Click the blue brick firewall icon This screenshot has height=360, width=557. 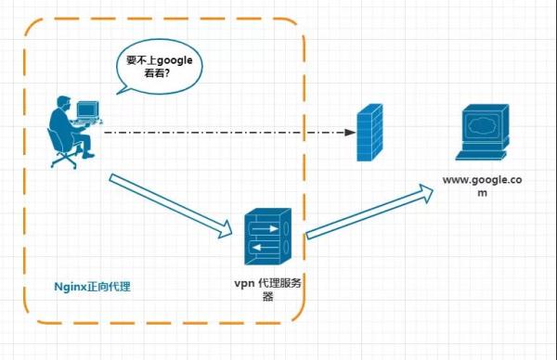(x=369, y=133)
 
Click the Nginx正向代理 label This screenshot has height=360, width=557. (x=92, y=287)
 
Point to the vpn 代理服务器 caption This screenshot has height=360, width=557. (x=268, y=290)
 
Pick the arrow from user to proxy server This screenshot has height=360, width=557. (x=171, y=202)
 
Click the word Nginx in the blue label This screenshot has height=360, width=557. (x=68, y=287)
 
